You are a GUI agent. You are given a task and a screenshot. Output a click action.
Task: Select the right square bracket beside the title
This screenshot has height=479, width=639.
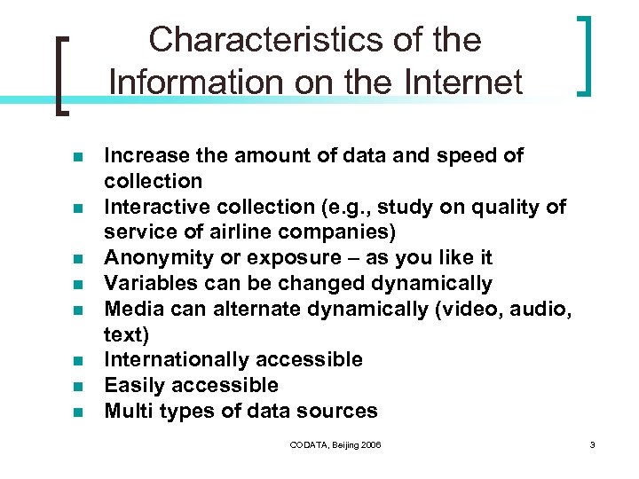tap(585, 55)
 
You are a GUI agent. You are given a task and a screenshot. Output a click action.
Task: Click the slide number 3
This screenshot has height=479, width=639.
tap(592, 444)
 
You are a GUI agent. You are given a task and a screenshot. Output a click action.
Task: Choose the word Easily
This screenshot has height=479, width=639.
tap(130, 386)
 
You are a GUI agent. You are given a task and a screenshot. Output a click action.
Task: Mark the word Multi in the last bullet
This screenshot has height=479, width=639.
tap(127, 412)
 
